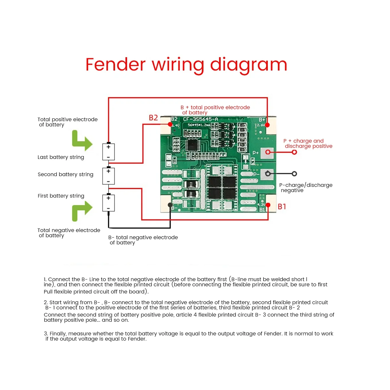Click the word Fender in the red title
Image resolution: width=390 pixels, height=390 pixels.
click(115, 64)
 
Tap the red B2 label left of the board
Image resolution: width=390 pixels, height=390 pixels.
click(153, 118)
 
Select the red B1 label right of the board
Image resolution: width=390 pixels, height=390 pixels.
click(282, 206)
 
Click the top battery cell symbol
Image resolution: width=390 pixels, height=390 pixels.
click(109, 152)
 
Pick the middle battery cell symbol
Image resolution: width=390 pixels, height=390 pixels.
click(109, 176)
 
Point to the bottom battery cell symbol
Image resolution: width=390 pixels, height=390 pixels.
click(109, 203)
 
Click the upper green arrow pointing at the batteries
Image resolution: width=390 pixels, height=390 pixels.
click(82, 141)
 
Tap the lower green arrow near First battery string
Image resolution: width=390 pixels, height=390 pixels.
click(82, 211)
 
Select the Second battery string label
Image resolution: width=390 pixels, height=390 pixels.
click(65, 175)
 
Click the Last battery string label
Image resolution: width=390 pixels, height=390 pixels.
click(61, 157)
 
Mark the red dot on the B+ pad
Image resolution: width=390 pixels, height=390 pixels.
click(267, 125)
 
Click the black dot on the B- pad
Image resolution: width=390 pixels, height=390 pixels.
click(170, 205)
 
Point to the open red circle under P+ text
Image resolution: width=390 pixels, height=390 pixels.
click(294, 152)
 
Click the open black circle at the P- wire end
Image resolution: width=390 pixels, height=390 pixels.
click(294, 174)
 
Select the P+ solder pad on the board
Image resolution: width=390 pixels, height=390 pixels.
click(268, 152)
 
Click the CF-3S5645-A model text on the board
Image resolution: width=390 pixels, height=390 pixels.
click(201, 119)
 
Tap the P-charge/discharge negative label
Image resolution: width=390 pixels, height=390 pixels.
click(305, 188)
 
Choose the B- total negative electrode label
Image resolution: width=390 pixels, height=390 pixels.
click(143, 240)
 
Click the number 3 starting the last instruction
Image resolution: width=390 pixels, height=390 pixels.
click(46, 334)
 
